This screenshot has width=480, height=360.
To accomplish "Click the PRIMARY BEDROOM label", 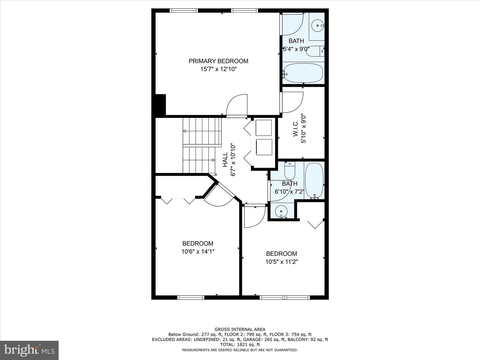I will [x=218, y=61].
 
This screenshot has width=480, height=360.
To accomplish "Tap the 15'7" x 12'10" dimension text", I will [x=218, y=69].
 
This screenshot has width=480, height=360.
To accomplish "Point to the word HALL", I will [x=225, y=160].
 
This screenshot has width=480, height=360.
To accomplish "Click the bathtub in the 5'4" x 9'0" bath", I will [x=303, y=73].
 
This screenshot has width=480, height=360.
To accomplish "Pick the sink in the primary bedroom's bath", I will [x=318, y=25].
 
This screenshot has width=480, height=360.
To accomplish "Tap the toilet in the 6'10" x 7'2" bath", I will [x=290, y=170].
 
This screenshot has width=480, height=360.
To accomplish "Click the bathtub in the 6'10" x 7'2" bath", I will [x=314, y=180].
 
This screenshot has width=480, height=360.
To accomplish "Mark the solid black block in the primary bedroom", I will [x=160, y=104].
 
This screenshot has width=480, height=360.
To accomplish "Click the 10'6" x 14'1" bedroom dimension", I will [x=198, y=252].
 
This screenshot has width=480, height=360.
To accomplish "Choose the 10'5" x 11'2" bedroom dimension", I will [x=281, y=262].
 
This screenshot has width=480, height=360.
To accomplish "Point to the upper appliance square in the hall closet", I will [x=263, y=128].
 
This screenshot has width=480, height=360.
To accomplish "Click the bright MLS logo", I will [x=29, y=350].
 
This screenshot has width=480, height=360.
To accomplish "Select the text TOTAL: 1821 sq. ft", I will [x=240, y=344].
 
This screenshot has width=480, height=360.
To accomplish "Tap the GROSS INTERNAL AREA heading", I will [x=240, y=329].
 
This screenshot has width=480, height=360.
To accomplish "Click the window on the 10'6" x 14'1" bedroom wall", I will [x=191, y=297].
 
